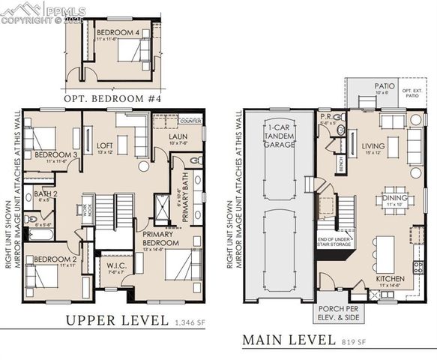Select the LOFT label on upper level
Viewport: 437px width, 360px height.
106,145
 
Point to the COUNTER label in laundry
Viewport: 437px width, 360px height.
190,120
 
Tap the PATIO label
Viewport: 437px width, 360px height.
385,86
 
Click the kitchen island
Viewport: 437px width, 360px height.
385,253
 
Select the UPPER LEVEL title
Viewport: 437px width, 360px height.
116,320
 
